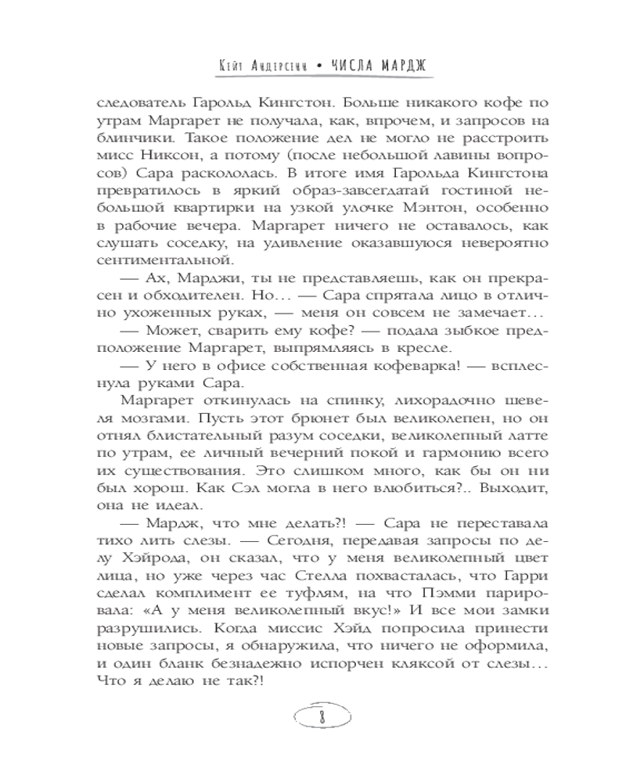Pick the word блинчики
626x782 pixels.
pyautogui.click(x=145, y=138)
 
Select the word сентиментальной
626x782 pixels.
pyautogui.click(x=166, y=259)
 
